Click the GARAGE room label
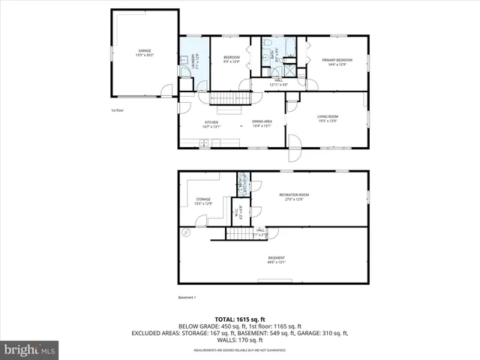click(x=144, y=52)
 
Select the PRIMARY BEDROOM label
click(x=337, y=61)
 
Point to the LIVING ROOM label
click(x=328, y=118)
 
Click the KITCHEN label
click(x=211, y=124)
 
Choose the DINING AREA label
click(x=261, y=124)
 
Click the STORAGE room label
click(x=202, y=201)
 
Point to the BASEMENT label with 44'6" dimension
click(x=276, y=259)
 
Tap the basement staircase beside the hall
click(x=238, y=235)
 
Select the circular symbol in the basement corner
click(x=184, y=233)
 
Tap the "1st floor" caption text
click(x=117, y=110)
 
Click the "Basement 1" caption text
click(x=187, y=298)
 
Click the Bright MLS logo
click(x=30, y=349)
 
